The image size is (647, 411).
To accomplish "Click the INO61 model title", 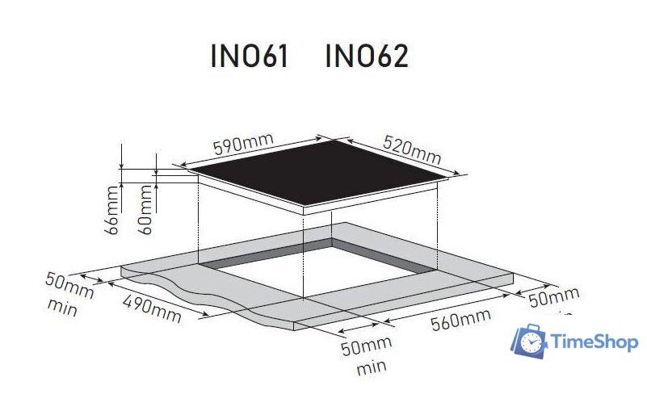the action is (250, 57).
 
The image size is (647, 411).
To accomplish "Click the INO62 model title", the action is (367, 57).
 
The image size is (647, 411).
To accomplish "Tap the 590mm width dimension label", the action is (243, 144).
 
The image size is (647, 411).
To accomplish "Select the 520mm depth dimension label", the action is (412, 149).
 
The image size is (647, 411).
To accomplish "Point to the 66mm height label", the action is (111, 210).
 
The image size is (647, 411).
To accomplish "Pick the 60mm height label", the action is (145, 210).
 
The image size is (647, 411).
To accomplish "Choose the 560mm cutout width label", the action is (460, 320).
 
